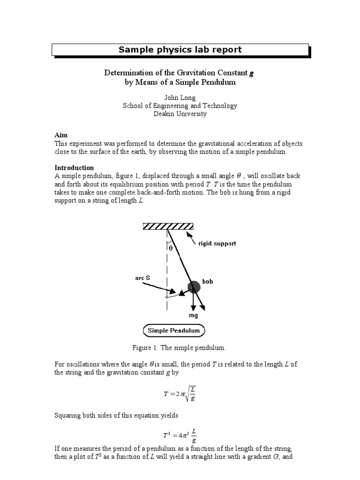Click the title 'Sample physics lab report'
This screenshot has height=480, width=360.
click(x=180, y=50)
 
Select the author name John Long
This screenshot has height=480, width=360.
click(x=180, y=97)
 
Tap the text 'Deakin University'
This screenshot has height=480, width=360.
click(x=180, y=114)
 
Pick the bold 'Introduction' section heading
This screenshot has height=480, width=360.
click(x=74, y=167)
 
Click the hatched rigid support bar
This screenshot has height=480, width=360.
click(x=168, y=227)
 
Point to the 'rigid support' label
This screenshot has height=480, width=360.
click(x=217, y=244)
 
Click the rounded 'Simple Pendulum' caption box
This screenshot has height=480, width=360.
click(x=173, y=330)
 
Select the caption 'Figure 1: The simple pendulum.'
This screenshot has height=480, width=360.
click(x=180, y=348)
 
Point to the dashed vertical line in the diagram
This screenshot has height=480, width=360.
click(x=166, y=281)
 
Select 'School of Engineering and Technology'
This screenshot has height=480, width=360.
click(x=180, y=106)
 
